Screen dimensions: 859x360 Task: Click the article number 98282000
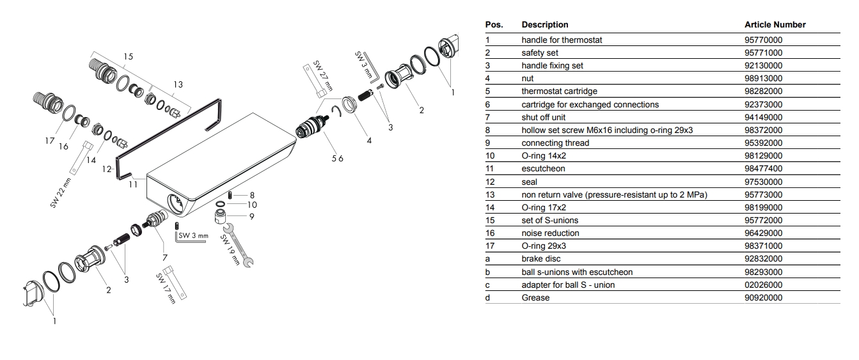coord(763,91)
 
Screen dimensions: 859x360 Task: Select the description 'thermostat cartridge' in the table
coord(559,91)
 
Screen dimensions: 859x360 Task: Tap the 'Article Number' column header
coord(775,24)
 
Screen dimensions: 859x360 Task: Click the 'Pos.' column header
coord(494,24)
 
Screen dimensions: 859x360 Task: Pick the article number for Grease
coord(763,297)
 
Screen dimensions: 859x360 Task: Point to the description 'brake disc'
coord(540,259)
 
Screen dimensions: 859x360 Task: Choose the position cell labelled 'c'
coord(487,285)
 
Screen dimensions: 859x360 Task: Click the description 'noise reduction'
coord(550,233)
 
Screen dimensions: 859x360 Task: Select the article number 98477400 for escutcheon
coord(763,168)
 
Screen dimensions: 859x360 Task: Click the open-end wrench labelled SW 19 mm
coord(238,245)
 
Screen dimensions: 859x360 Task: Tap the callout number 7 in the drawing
coord(164,258)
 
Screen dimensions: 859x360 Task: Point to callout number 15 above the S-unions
coord(128,57)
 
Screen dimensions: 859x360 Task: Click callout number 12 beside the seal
coord(107,169)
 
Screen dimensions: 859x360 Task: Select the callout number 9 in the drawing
coord(251,217)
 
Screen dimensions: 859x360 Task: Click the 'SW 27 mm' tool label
coord(322,75)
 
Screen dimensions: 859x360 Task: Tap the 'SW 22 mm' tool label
coord(61,193)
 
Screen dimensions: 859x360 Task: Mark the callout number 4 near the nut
coord(369,141)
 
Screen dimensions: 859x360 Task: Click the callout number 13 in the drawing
coord(178,84)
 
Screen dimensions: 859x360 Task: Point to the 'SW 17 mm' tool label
coord(166,288)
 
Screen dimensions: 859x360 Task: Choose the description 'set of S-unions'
coord(549,221)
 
